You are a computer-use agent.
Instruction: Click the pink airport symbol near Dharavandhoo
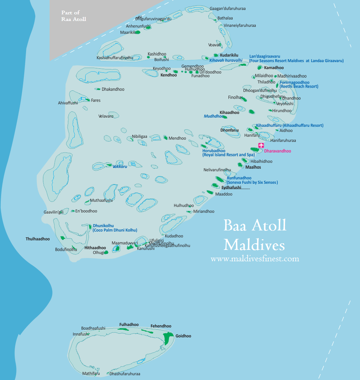coord(261,145)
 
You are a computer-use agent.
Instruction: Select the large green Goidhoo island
coord(169,338)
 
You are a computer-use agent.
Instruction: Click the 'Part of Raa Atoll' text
coord(73,16)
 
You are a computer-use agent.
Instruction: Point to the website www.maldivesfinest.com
coord(255,259)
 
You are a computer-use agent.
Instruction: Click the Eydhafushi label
coord(231,187)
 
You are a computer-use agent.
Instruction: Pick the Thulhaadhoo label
coord(37,239)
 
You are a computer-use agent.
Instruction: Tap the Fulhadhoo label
coord(129,325)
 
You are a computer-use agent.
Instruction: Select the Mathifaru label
coord(91,373)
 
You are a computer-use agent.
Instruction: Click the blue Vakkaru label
coord(120,166)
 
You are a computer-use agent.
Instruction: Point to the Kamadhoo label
coord(274,68)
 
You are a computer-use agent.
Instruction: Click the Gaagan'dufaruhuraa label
coord(227,8)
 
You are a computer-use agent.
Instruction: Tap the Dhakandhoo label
coord(113,89)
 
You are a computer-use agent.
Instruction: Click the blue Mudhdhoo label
coord(213,116)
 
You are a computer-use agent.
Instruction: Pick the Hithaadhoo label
coord(95,248)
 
